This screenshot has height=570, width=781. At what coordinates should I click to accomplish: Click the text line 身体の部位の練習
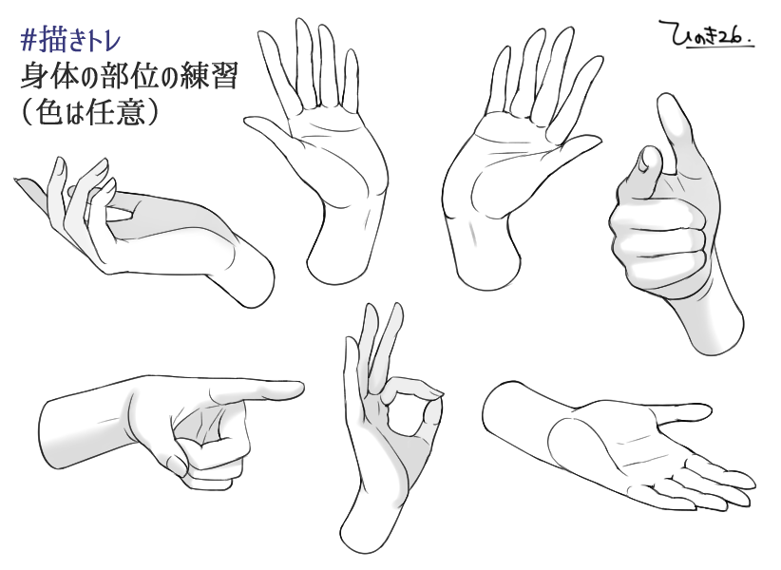[128, 77]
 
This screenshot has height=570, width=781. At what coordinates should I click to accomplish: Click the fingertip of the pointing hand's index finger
[297, 388]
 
